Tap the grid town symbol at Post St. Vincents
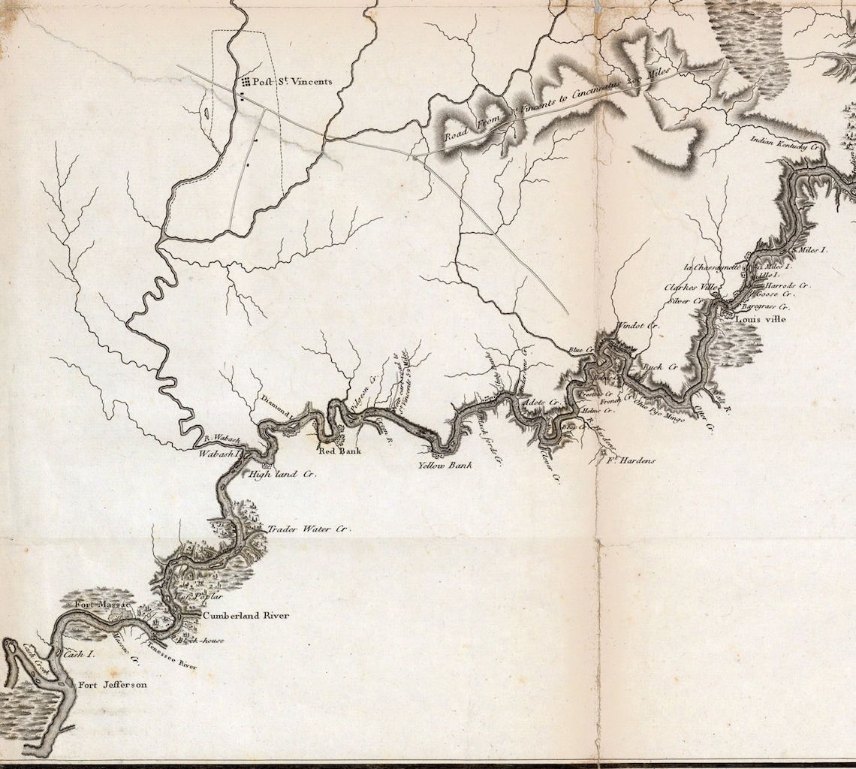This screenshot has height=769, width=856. [x=245, y=81]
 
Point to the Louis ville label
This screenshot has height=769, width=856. [x=761, y=319]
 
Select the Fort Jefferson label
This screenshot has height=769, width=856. [x=113, y=685]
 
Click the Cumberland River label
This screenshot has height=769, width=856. [x=246, y=616]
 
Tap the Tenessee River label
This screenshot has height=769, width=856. [x=173, y=654]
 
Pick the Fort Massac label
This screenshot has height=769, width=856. [x=102, y=604]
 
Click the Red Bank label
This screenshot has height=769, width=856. [x=340, y=451]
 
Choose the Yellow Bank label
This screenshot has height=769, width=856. [x=445, y=466]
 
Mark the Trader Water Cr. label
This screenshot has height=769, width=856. [x=309, y=529]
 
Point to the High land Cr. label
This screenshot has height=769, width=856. [x=282, y=475]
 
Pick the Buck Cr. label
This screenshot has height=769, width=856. [x=661, y=366]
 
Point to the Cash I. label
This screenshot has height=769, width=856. [x=78, y=654]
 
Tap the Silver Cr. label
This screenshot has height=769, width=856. [x=685, y=301]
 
